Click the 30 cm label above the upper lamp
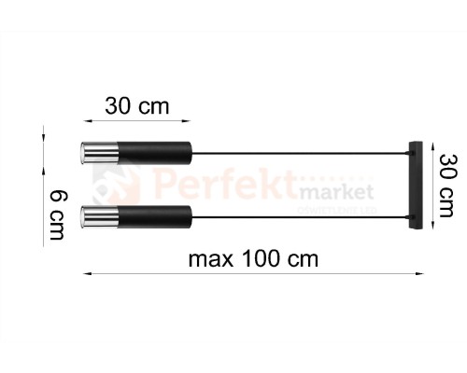pos(136,105)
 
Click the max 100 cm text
pos(252,257)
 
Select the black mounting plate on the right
pos(415,184)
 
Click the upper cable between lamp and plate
pos(299,151)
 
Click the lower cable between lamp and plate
pos(299,218)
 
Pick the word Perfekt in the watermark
pos(224,184)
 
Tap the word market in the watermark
pos(336,192)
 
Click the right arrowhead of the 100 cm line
pos(420,273)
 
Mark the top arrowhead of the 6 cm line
pos(43,133)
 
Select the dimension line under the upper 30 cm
pos(136,120)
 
